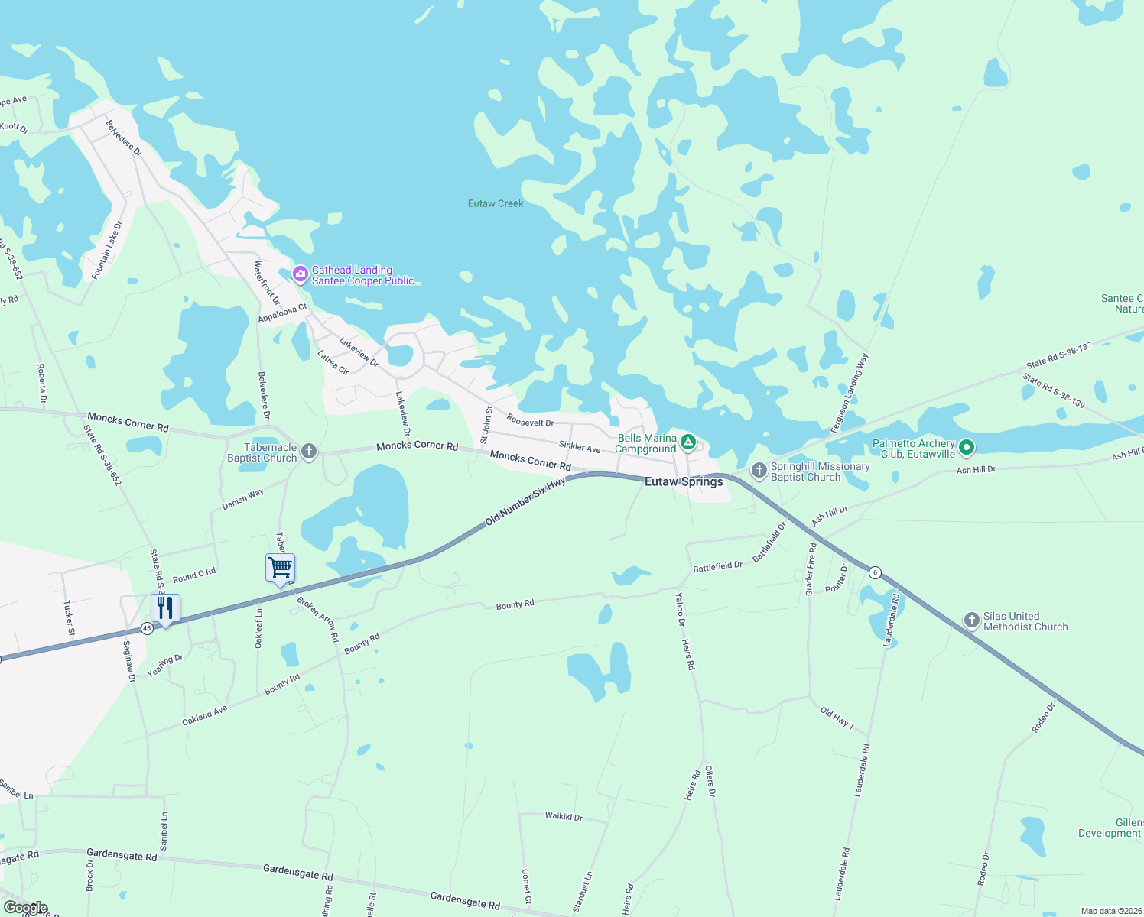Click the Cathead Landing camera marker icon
[301, 274]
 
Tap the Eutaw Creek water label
[496, 203]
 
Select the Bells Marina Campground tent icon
[688, 442]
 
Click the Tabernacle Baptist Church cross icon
[309, 452]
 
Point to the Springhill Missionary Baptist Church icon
[759, 471]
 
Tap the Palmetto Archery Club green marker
[967, 447]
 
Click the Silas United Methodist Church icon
[972, 620]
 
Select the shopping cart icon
[281, 568]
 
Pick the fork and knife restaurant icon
[165, 608]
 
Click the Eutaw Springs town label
[684, 481]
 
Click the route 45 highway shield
[147, 628]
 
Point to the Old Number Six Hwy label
[526, 501]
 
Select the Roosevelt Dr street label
[530, 422]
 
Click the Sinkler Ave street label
[580, 446]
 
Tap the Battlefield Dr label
[717, 567]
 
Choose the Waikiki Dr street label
[564, 817]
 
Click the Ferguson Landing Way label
[850, 393]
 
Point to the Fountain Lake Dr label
[106, 251]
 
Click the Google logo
[25, 908]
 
